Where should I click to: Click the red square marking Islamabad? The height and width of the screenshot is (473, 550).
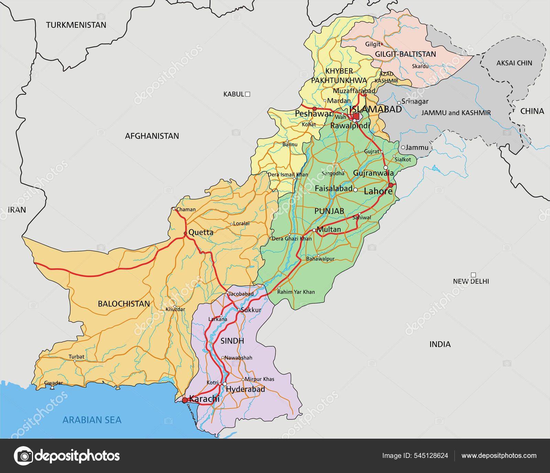356,116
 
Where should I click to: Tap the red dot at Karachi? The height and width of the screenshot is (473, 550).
185,400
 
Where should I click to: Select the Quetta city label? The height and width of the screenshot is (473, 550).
201,232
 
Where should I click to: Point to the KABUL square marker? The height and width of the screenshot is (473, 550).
247,94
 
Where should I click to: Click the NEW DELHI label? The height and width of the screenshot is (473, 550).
471,281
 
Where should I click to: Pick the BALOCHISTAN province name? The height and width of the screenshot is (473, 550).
124,304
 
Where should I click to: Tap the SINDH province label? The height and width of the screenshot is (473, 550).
232,341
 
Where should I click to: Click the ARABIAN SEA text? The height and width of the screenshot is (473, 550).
92,420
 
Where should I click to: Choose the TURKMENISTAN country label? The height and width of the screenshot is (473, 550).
76,25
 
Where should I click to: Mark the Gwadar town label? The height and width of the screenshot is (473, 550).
54,383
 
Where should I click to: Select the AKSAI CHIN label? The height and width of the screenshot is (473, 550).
514,63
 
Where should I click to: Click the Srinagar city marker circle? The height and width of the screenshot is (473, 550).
399,103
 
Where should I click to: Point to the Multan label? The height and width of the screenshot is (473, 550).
329,229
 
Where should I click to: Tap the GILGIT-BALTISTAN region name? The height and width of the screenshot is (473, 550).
405,54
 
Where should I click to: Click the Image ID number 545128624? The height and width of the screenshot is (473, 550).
431,455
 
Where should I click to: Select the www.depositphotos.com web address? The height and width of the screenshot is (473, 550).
499,455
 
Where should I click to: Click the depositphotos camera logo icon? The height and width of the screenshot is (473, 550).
24,456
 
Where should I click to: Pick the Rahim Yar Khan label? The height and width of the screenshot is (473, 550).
296,292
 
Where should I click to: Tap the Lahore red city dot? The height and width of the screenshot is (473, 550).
390,185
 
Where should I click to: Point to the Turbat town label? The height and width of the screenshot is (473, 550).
76,357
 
